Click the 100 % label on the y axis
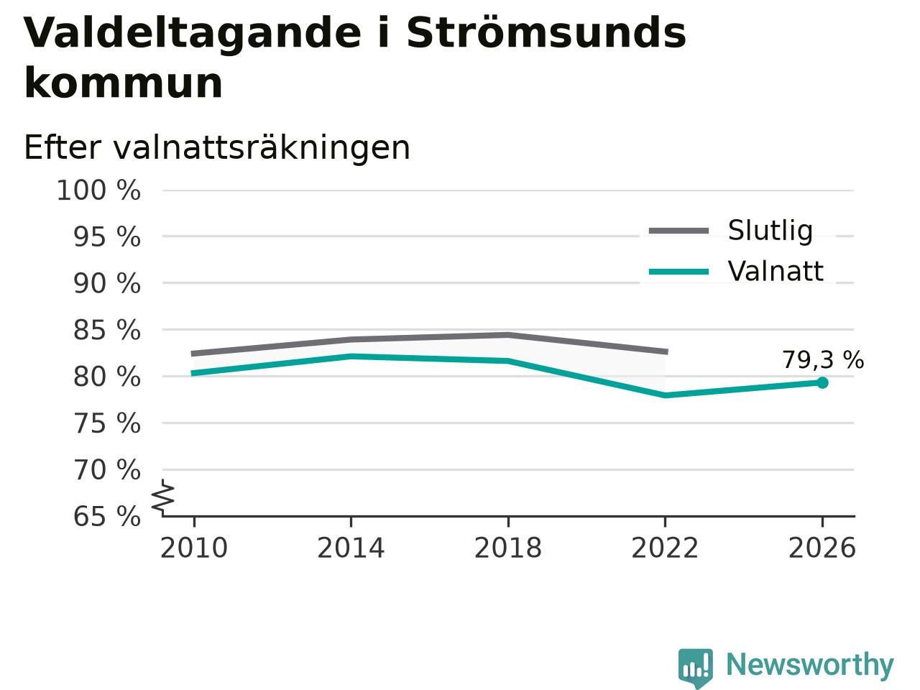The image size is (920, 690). tap(98, 190)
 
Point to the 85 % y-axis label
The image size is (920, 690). tap(107, 330)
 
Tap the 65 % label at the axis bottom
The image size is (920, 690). tap(107, 516)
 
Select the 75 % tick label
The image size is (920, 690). tap(107, 423)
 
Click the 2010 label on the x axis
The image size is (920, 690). tap(193, 548)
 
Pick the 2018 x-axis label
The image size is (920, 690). tap(508, 548)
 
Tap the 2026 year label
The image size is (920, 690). tap(822, 548)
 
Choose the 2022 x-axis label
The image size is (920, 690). tap(665, 548)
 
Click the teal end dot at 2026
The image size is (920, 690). tap(822, 382)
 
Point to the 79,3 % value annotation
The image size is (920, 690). tap(823, 360)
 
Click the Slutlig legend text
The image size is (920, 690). tap(770, 231)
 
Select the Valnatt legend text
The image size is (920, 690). tap(776, 272)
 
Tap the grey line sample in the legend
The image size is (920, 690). tap(679, 231)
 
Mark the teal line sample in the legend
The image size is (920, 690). tap(679, 272)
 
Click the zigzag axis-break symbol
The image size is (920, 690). tap(162, 497)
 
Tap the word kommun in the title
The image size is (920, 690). tap(123, 83)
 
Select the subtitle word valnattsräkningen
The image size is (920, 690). tap(262, 149)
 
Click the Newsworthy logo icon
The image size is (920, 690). tap(695, 668)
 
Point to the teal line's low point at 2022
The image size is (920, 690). tap(665, 395)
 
